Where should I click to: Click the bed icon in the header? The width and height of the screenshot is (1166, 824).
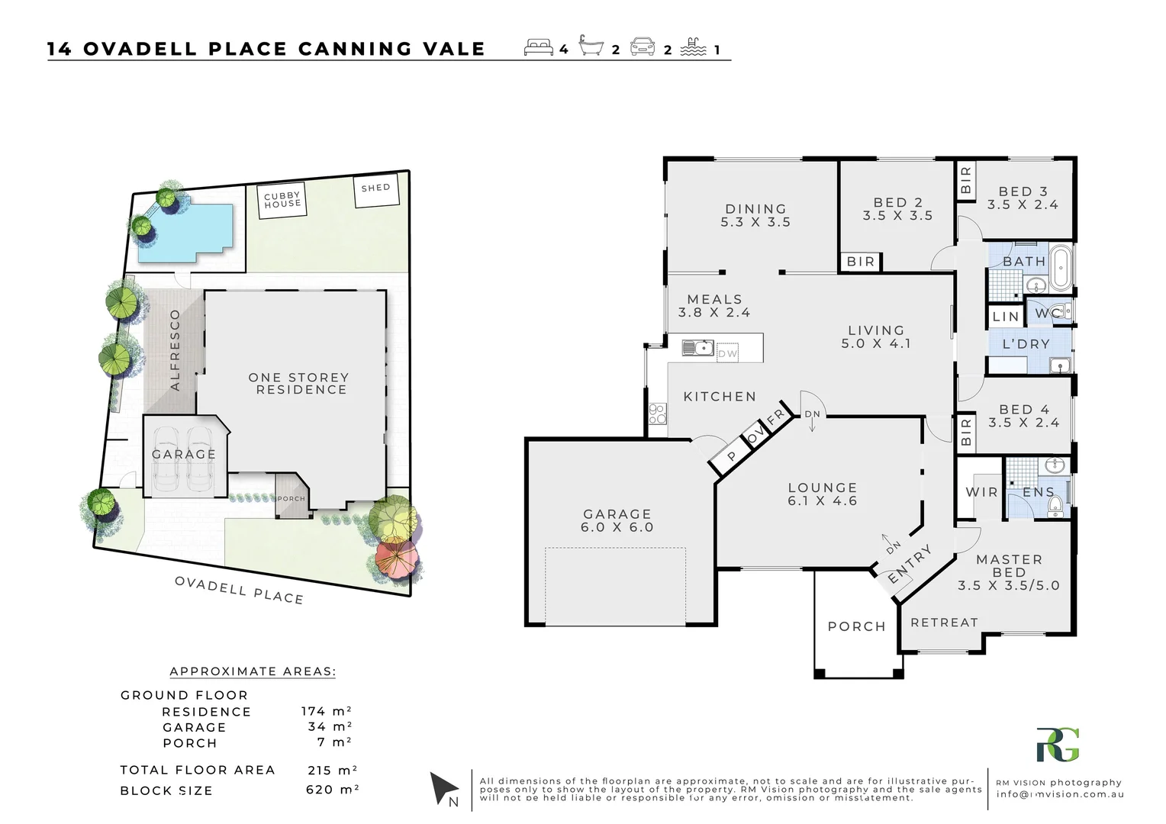click(539, 47)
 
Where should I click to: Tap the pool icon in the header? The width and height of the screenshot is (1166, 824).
click(691, 47)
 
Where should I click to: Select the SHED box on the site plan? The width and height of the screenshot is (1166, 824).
click(376, 192)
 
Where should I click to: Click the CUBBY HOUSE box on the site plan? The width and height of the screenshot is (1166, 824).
click(282, 201)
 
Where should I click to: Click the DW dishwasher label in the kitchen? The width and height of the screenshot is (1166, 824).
click(728, 353)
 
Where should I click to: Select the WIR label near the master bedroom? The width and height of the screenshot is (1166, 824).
click(981, 492)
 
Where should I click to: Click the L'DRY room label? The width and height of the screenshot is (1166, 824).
click(1026, 344)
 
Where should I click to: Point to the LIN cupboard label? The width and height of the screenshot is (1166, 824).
click(1006, 316)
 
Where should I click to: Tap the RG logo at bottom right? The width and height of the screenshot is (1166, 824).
click(1058, 745)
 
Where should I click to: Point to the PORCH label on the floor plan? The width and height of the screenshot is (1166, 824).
click(856, 626)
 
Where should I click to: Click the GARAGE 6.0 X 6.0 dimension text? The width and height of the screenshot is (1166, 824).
click(617, 527)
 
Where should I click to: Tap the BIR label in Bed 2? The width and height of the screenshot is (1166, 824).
click(861, 262)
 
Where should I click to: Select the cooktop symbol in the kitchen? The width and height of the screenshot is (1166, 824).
click(657, 414)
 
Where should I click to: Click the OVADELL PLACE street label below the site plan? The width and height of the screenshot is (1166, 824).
click(239, 590)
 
